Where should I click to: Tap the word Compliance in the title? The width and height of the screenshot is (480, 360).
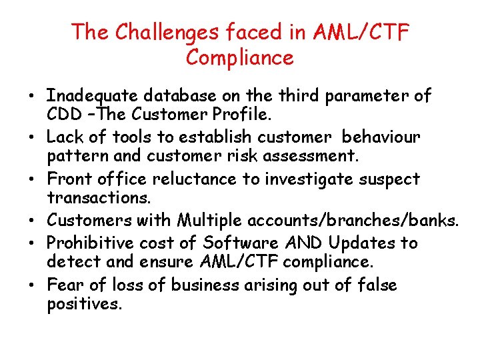pyautogui.click(x=240, y=58)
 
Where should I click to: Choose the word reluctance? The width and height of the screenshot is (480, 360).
pyautogui.click(x=194, y=179)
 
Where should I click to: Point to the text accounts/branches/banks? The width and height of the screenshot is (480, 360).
pyautogui.click(x=353, y=220)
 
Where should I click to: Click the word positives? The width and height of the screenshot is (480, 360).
pyautogui.click(x=85, y=305)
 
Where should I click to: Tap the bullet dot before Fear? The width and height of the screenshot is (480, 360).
pyautogui.click(x=32, y=285)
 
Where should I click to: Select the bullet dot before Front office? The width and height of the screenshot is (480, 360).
pyautogui.click(x=32, y=179)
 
